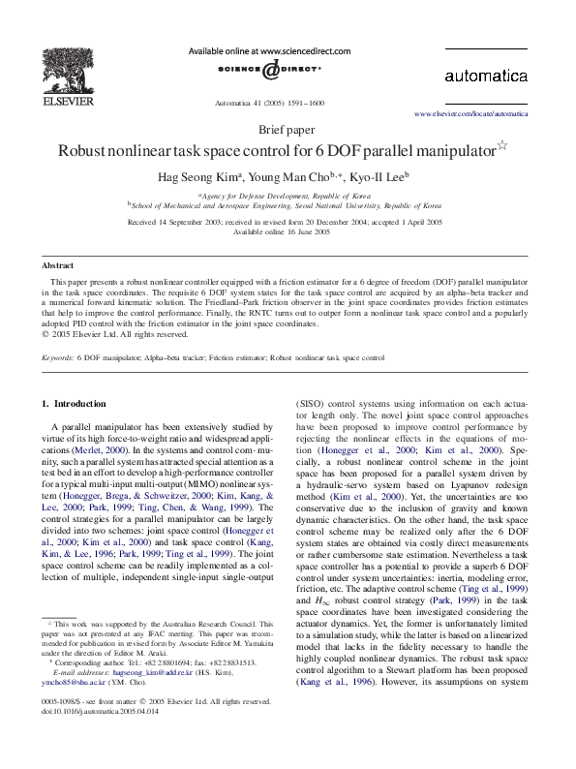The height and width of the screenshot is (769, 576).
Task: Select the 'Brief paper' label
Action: point(288,130)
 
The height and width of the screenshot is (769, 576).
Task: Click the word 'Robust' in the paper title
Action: point(90,151)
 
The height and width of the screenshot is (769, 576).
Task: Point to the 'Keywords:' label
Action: point(57,357)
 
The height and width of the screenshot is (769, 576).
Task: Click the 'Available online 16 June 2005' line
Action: point(288,232)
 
